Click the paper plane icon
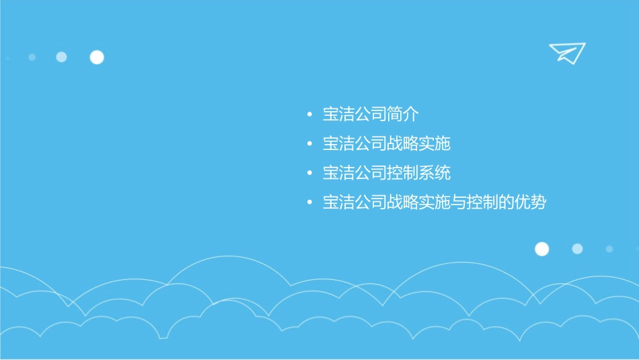pos(566,52)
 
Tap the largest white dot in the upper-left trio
pos(97,57)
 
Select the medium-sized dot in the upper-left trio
pos(61,57)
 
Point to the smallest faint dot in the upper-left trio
pos(32,57)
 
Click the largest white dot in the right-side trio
pos(541,249)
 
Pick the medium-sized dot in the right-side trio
pos(577,249)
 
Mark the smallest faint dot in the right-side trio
pos(609,249)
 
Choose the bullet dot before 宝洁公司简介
pos(309,115)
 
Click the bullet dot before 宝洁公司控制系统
pos(309,174)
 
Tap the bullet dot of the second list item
pos(309,144)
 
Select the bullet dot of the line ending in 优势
pos(309,203)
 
